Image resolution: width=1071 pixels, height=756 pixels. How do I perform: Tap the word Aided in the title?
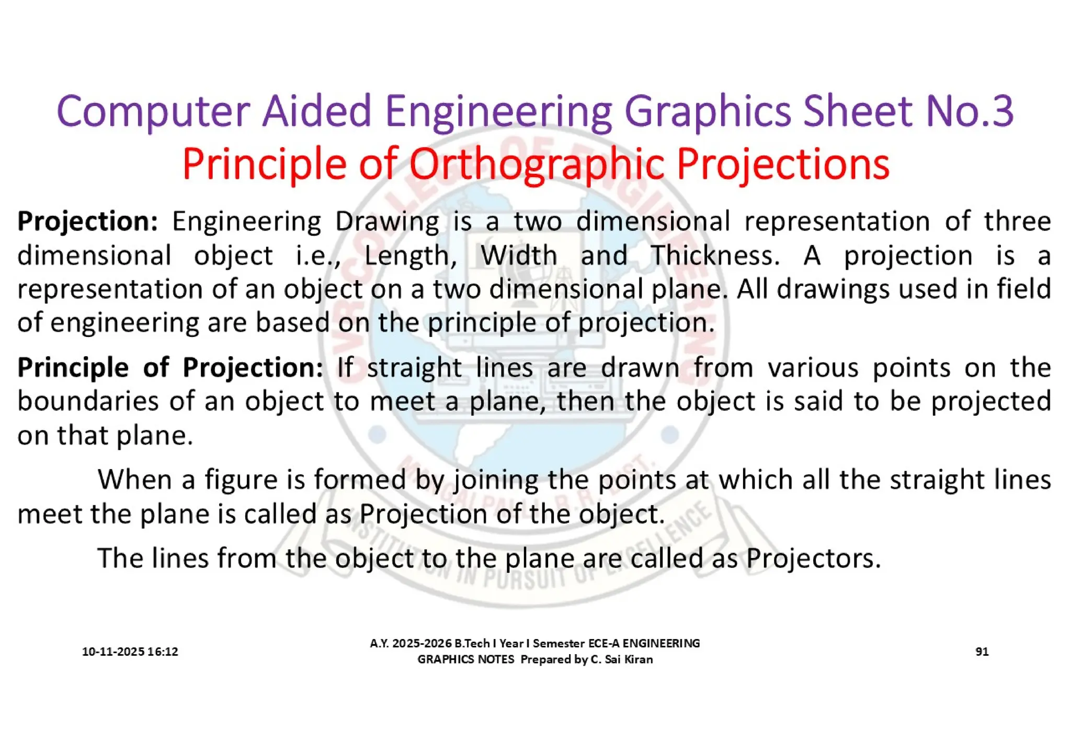click(316, 111)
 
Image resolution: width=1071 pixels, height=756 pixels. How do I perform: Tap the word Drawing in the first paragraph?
click(387, 222)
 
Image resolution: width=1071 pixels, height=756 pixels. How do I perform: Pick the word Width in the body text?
click(519, 256)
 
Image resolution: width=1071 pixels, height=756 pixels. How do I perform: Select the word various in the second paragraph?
click(813, 368)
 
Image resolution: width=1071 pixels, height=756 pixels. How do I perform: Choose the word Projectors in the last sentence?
click(813, 559)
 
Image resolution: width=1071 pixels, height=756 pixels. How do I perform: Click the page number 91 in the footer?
click(982, 652)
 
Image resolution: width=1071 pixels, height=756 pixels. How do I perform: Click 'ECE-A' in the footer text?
click(604, 643)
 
